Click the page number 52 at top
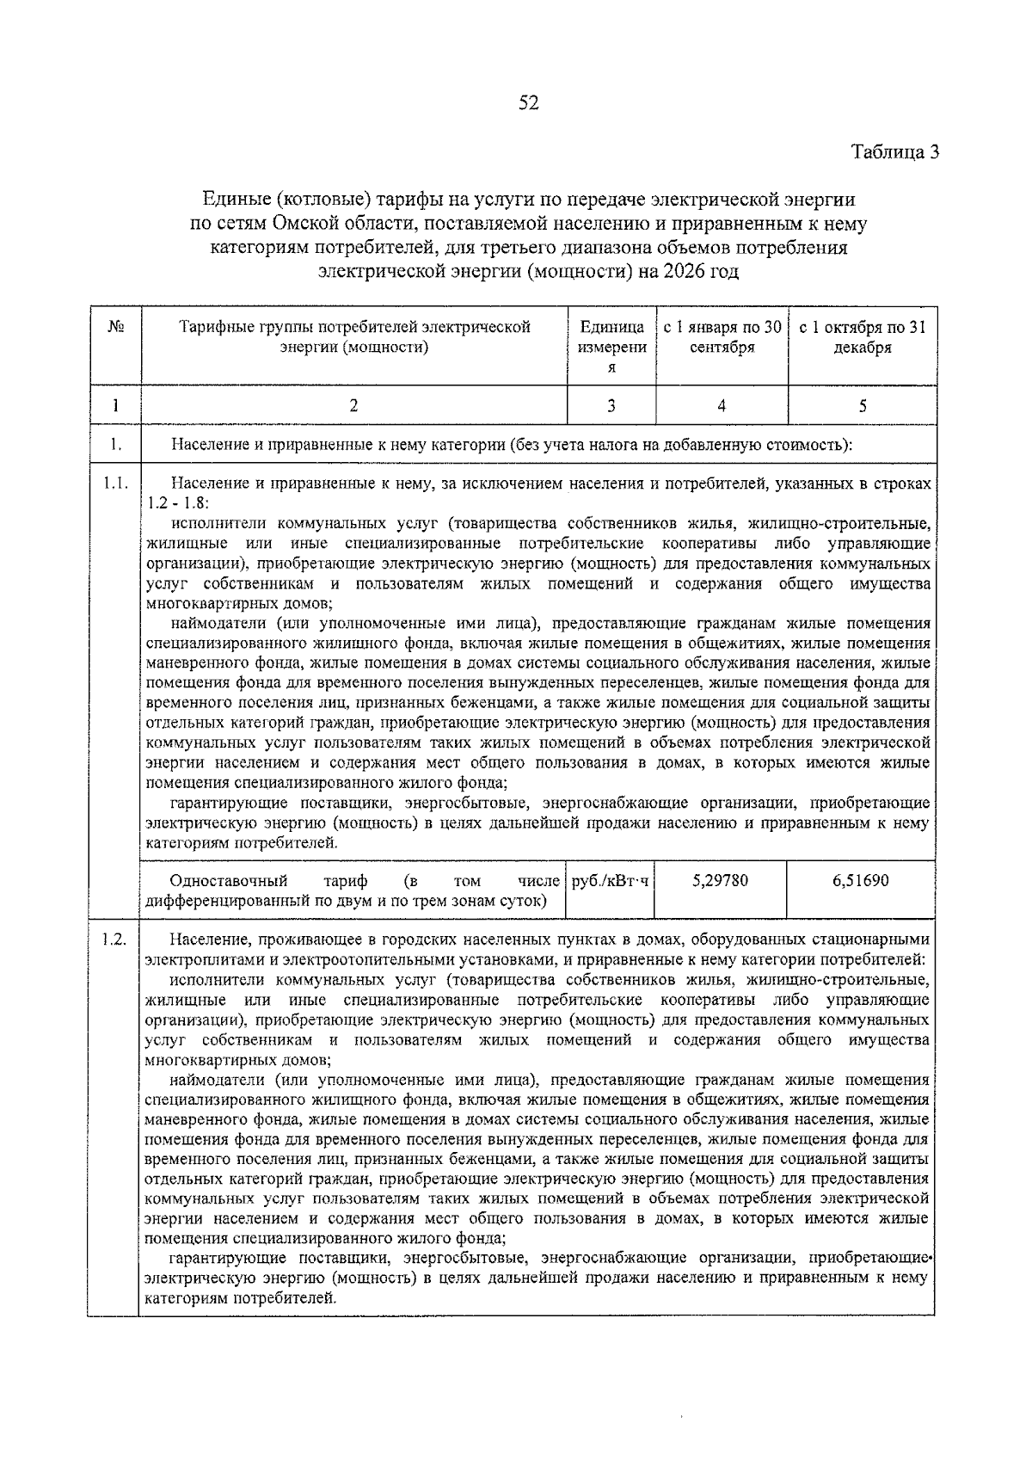click(527, 104)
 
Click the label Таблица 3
click(894, 152)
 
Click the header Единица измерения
click(611, 347)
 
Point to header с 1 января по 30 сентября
click(722, 337)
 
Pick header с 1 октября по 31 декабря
click(862, 337)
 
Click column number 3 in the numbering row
click(611, 406)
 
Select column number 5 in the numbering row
click(862, 406)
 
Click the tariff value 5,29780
click(720, 880)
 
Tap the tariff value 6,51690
click(861, 880)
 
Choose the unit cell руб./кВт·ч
click(611, 880)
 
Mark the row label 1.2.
click(115, 939)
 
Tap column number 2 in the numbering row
click(353, 406)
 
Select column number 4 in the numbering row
click(722, 406)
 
